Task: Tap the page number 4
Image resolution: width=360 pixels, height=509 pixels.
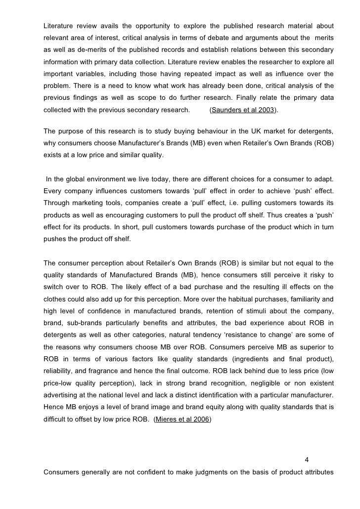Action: point(307,462)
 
